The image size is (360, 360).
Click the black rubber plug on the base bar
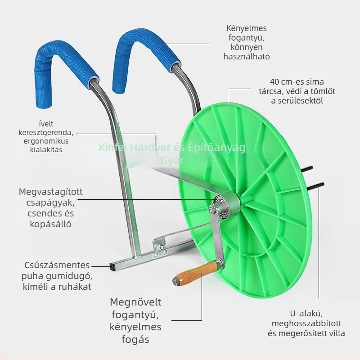112,266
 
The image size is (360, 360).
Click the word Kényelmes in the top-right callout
247,28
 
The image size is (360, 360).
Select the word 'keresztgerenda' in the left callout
46,132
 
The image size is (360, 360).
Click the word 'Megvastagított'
51,192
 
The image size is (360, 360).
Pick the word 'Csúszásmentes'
57,265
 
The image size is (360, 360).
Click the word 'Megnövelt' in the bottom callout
135,302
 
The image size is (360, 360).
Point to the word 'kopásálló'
50,224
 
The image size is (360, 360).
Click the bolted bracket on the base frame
161,246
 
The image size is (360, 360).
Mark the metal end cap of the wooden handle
175,281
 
